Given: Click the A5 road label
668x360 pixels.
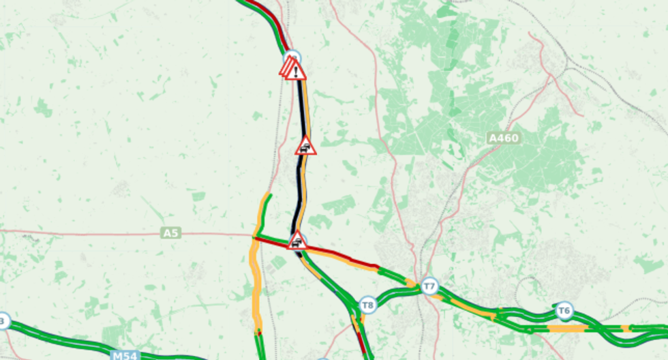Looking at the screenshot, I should pyautogui.click(x=171, y=233).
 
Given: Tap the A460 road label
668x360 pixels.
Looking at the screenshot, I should pyautogui.click(x=504, y=138).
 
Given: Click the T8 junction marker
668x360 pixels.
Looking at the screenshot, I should pyautogui.click(x=368, y=305).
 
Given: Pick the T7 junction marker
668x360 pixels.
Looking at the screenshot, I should pyautogui.click(x=429, y=286).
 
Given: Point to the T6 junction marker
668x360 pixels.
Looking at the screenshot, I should pyautogui.click(x=564, y=312).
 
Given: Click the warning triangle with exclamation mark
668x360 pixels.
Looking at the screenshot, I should pyautogui.click(x=296, y=70).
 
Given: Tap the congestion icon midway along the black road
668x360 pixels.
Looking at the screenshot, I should pyautogui.click(x=305, y=147).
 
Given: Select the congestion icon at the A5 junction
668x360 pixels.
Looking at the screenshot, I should pyautogui.click(x=297, y=241).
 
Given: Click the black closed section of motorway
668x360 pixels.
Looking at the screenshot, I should pyautogui.click(x=299, y=184).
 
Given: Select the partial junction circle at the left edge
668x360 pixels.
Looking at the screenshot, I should pyautogui.click(x=3, y=321).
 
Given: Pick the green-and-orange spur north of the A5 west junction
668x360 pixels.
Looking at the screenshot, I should pyautogui.click(x=264, y=208).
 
